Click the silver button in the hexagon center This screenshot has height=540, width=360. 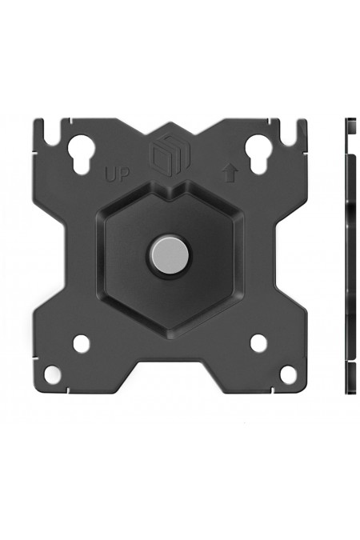pyautogui.click(x=169, y=254)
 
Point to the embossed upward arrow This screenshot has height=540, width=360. pyautogui.click(x=230, y=172)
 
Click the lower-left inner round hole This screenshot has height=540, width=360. pyautogui.click(x=81, y=343)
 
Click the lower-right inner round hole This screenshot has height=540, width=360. pyautogui.click(x=258, y=343)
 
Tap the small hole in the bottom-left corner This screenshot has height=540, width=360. pyautogui.click(x=51, y=374)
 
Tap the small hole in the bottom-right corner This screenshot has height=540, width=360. pyautogui.click(x=288, y=374)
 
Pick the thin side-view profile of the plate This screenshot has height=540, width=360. pyautogui.click(x=350, y=256)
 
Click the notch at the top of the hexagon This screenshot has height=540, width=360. pyautogui.click(x=169, y=194)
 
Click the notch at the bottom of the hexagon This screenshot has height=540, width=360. pyautogui.click(x=169, y=323)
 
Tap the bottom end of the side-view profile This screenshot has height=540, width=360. pyautogui.click(x=350, y=390)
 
